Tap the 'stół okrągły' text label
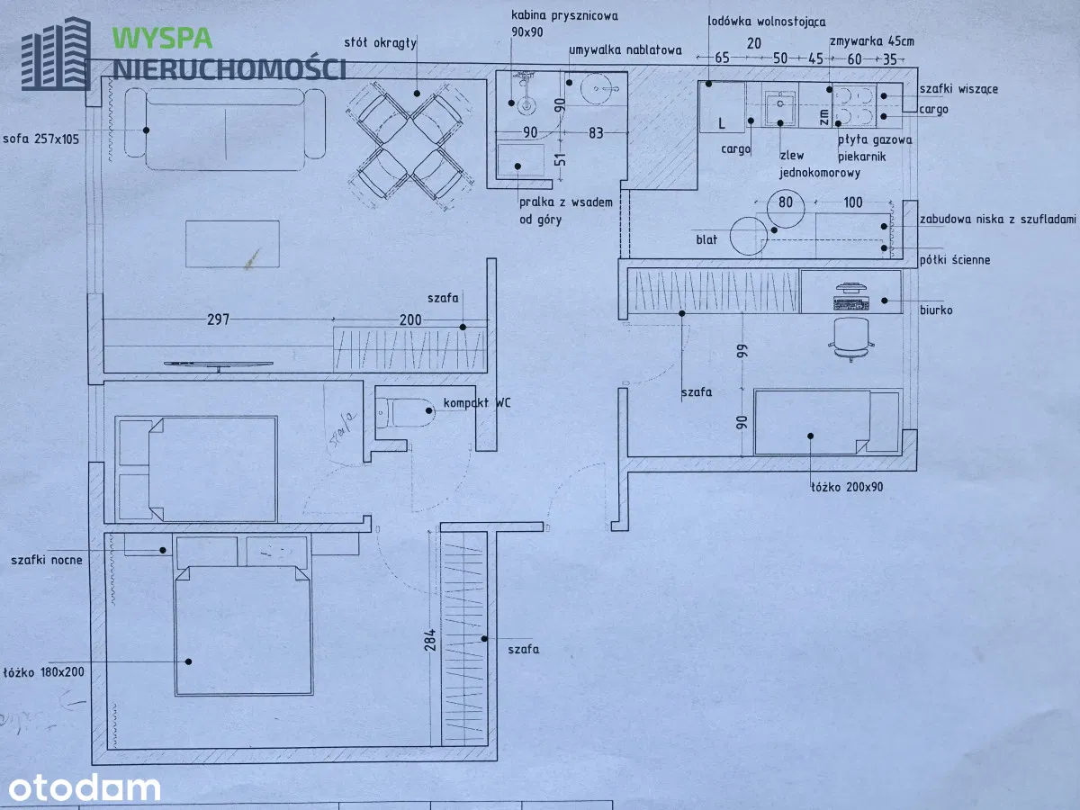(x=380, y=42)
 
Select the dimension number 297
(x=219, y=319)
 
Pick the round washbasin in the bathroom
(x=595, y=88)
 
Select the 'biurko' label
(x=937, y=310)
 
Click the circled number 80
(x=786, y=202)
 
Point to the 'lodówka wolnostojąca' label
(x=767, y=21)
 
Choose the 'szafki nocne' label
(x=47, y=560)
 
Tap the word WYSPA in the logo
(x=163, y=39)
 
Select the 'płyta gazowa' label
(x=875, y=139)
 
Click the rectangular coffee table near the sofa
(x=232, y=244)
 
